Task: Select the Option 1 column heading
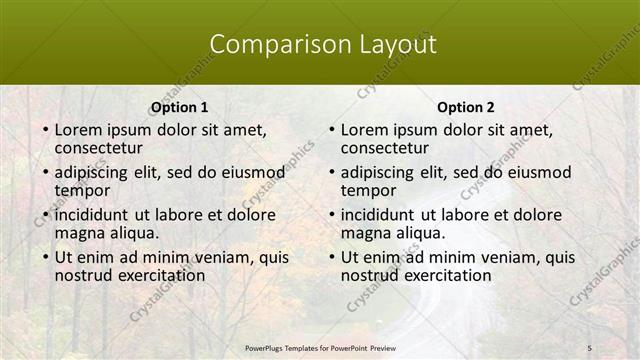click(x=180, y=107)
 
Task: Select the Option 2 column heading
click(x=466, y=107)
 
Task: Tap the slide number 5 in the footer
click(x=589, y=346)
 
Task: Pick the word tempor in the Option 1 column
click(x=82, y=190)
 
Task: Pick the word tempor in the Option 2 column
click(x=368, y=190)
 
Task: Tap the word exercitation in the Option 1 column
click(x=158, y=275)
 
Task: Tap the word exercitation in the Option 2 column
click(x=444, y=275)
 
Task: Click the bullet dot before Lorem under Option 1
click(x=45, y=130)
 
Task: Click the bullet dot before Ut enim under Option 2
click(x=331, y=258)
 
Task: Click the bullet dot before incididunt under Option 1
click(x=45, y=216)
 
